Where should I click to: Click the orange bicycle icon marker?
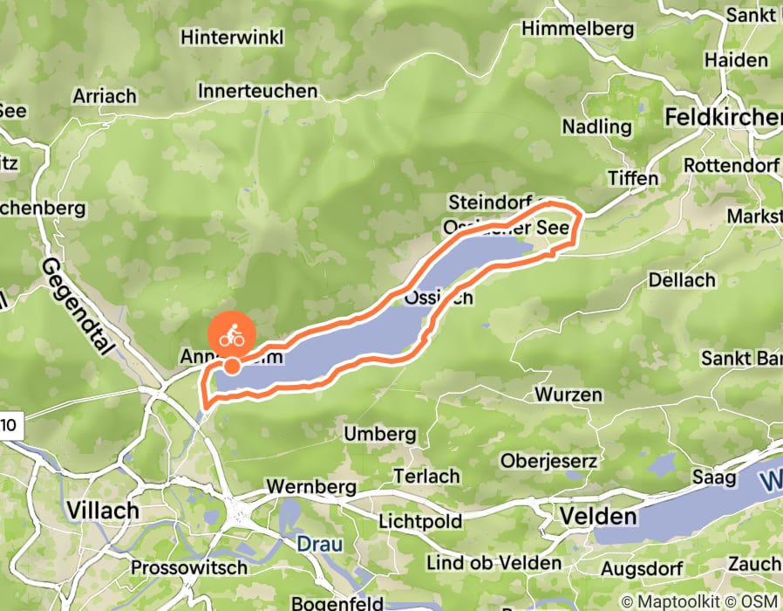[x=232, y=335]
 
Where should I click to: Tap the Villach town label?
[x=103, y=510]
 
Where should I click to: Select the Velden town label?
[x=598, y=516]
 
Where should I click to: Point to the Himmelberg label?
[x=576, y=29]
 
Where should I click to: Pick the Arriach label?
[x=106, y=96]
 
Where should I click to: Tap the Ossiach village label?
[x=439, y=298]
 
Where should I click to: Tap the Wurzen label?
[x=569, y=395]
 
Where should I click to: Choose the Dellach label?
[x=681, y=280]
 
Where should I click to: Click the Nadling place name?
[x=596, y=127]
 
